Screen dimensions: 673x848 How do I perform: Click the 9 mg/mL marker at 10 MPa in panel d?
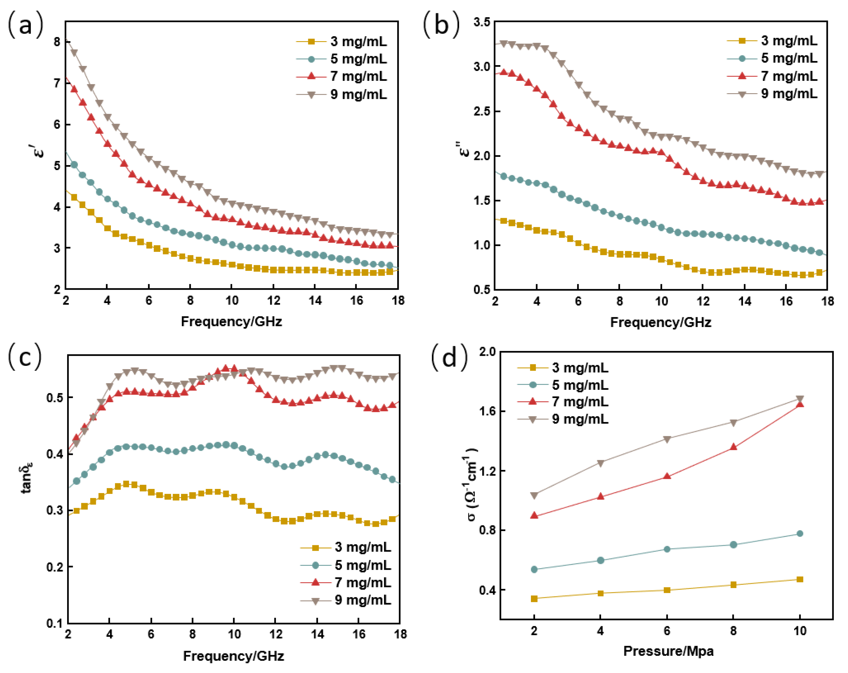tap(799, 399)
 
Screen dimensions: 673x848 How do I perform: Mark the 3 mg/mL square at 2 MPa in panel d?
tap(534, 599)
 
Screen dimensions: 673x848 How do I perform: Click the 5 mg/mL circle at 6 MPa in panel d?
tap(667, 549)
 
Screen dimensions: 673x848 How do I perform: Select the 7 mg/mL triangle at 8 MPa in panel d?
tap(734, 447)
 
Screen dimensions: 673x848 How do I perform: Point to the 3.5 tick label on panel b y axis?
tap(482, 22)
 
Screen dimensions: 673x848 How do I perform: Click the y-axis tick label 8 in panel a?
tap(57, 42)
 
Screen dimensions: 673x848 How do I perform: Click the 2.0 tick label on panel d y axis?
tap(487, 352)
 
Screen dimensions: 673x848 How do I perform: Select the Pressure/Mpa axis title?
tap(668, 651)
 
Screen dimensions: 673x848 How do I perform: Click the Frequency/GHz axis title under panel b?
tap(661, 322)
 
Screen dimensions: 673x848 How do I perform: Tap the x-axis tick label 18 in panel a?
tap(398, 301)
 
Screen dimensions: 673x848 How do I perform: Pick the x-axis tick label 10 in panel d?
tap(799, 631)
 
